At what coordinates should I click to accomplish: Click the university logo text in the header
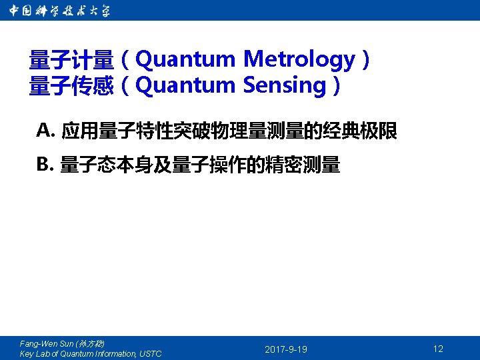pyautogui.click(x=59, y=11)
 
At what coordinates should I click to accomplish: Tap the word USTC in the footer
pyautogui.click(x=150, y=353)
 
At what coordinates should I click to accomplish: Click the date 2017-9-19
pyautogui.click(x=286, y=349)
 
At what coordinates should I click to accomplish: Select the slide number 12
pyautogui.click(x=438, y=349)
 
